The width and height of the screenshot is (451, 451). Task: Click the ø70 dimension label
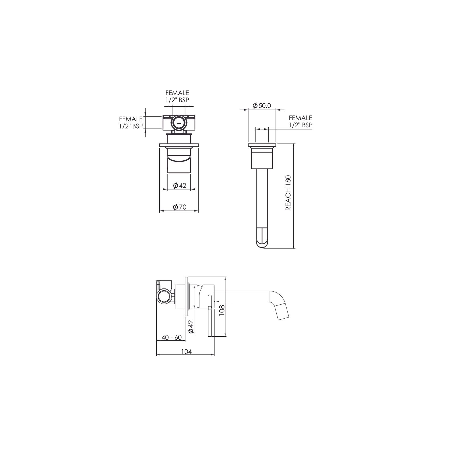pos(179,207)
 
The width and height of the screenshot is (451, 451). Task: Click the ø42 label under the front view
pos(179,185)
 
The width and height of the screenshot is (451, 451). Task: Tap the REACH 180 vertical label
pos(288,193)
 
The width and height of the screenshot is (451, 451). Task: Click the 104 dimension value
pos(186,351)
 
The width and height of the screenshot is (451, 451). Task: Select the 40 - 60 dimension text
pos(172,337)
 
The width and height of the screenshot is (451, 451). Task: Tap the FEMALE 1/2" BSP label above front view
pos(177,96)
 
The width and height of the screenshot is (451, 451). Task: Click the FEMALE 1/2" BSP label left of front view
pos(131,122)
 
